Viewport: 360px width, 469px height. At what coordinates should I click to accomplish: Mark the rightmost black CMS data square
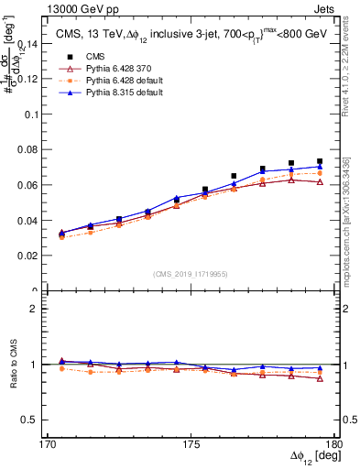coord(320,161)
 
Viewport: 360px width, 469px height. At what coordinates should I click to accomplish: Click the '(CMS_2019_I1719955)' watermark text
coord(191,273)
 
